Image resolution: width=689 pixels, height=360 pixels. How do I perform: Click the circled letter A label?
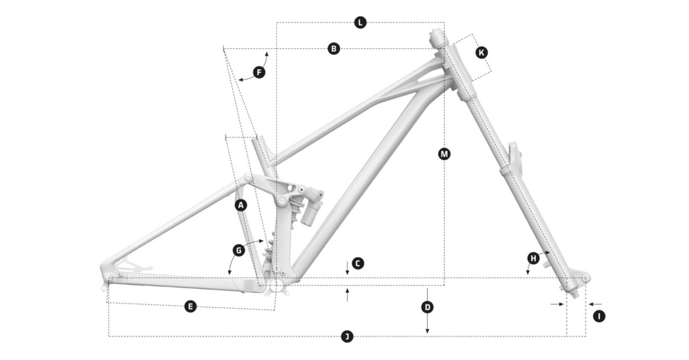pyautogui.click(x=241, y=205)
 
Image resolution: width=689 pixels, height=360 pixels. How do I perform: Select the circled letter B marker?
pyautogui.click(x=334, y=49)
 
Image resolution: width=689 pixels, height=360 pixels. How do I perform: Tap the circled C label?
pyautogui.click(x=357, y=264)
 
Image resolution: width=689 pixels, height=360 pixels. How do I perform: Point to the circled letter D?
pyautogui.click(x=427, y=307)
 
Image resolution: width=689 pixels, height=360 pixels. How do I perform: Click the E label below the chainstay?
pyautogui.click(x=189, y=307)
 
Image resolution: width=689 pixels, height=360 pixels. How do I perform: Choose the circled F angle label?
pyautogui.click(x=259, y=72)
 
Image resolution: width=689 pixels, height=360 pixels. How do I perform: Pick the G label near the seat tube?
pyautogui.click(x=239, y=250)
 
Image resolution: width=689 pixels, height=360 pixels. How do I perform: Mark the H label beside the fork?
pyautogui.click(x=533, y=258)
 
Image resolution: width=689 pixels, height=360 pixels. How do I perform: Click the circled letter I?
pyautogui.click(x=599, y=316)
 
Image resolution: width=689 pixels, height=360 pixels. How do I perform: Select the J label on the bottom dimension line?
pyautogui.click(x=347, y=337)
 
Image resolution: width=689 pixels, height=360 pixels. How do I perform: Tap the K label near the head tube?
pyautogui.click(x=481, y=52)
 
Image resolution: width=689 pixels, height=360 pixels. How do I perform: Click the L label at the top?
pyautogui.click(x=360, y=23)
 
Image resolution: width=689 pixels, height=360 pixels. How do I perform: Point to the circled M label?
pyautogui.click(x=444, y=154)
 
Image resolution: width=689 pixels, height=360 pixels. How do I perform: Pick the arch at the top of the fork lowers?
pyautogui.click(x=514, y=156)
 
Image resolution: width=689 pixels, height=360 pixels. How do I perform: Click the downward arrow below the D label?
pyautogui.click(x=427, y=329)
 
